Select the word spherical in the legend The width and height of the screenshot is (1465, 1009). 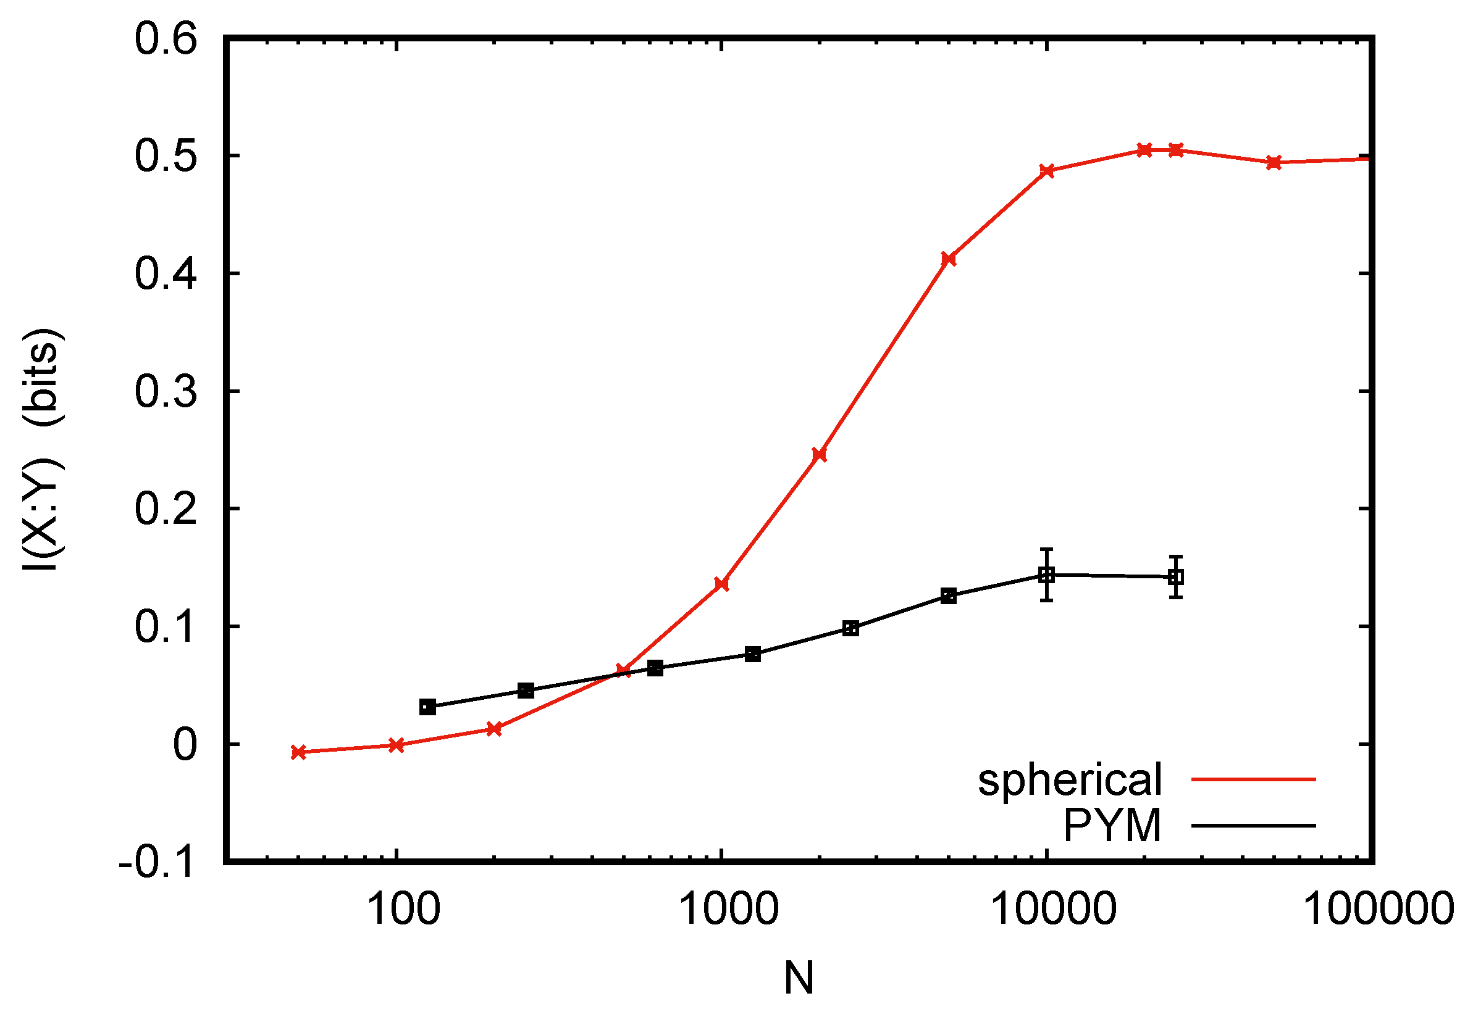(1070, 779)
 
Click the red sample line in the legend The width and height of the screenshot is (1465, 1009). (1253, 779)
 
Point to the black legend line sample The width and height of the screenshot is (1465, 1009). (1253, 826)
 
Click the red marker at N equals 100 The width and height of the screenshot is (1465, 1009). (396, 745)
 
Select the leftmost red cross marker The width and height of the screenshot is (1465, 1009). (298, 752)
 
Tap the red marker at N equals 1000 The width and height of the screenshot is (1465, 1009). (722, 584)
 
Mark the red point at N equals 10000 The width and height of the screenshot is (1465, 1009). (1047, 171)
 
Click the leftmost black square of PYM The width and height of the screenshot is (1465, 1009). (427, 707)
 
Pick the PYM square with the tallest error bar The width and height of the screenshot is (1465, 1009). (1047, 575)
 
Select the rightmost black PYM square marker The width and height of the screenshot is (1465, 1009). (1176, 576)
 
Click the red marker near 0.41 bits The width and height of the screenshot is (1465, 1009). (948, 259)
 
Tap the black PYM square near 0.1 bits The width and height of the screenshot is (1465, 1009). (851, 628)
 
